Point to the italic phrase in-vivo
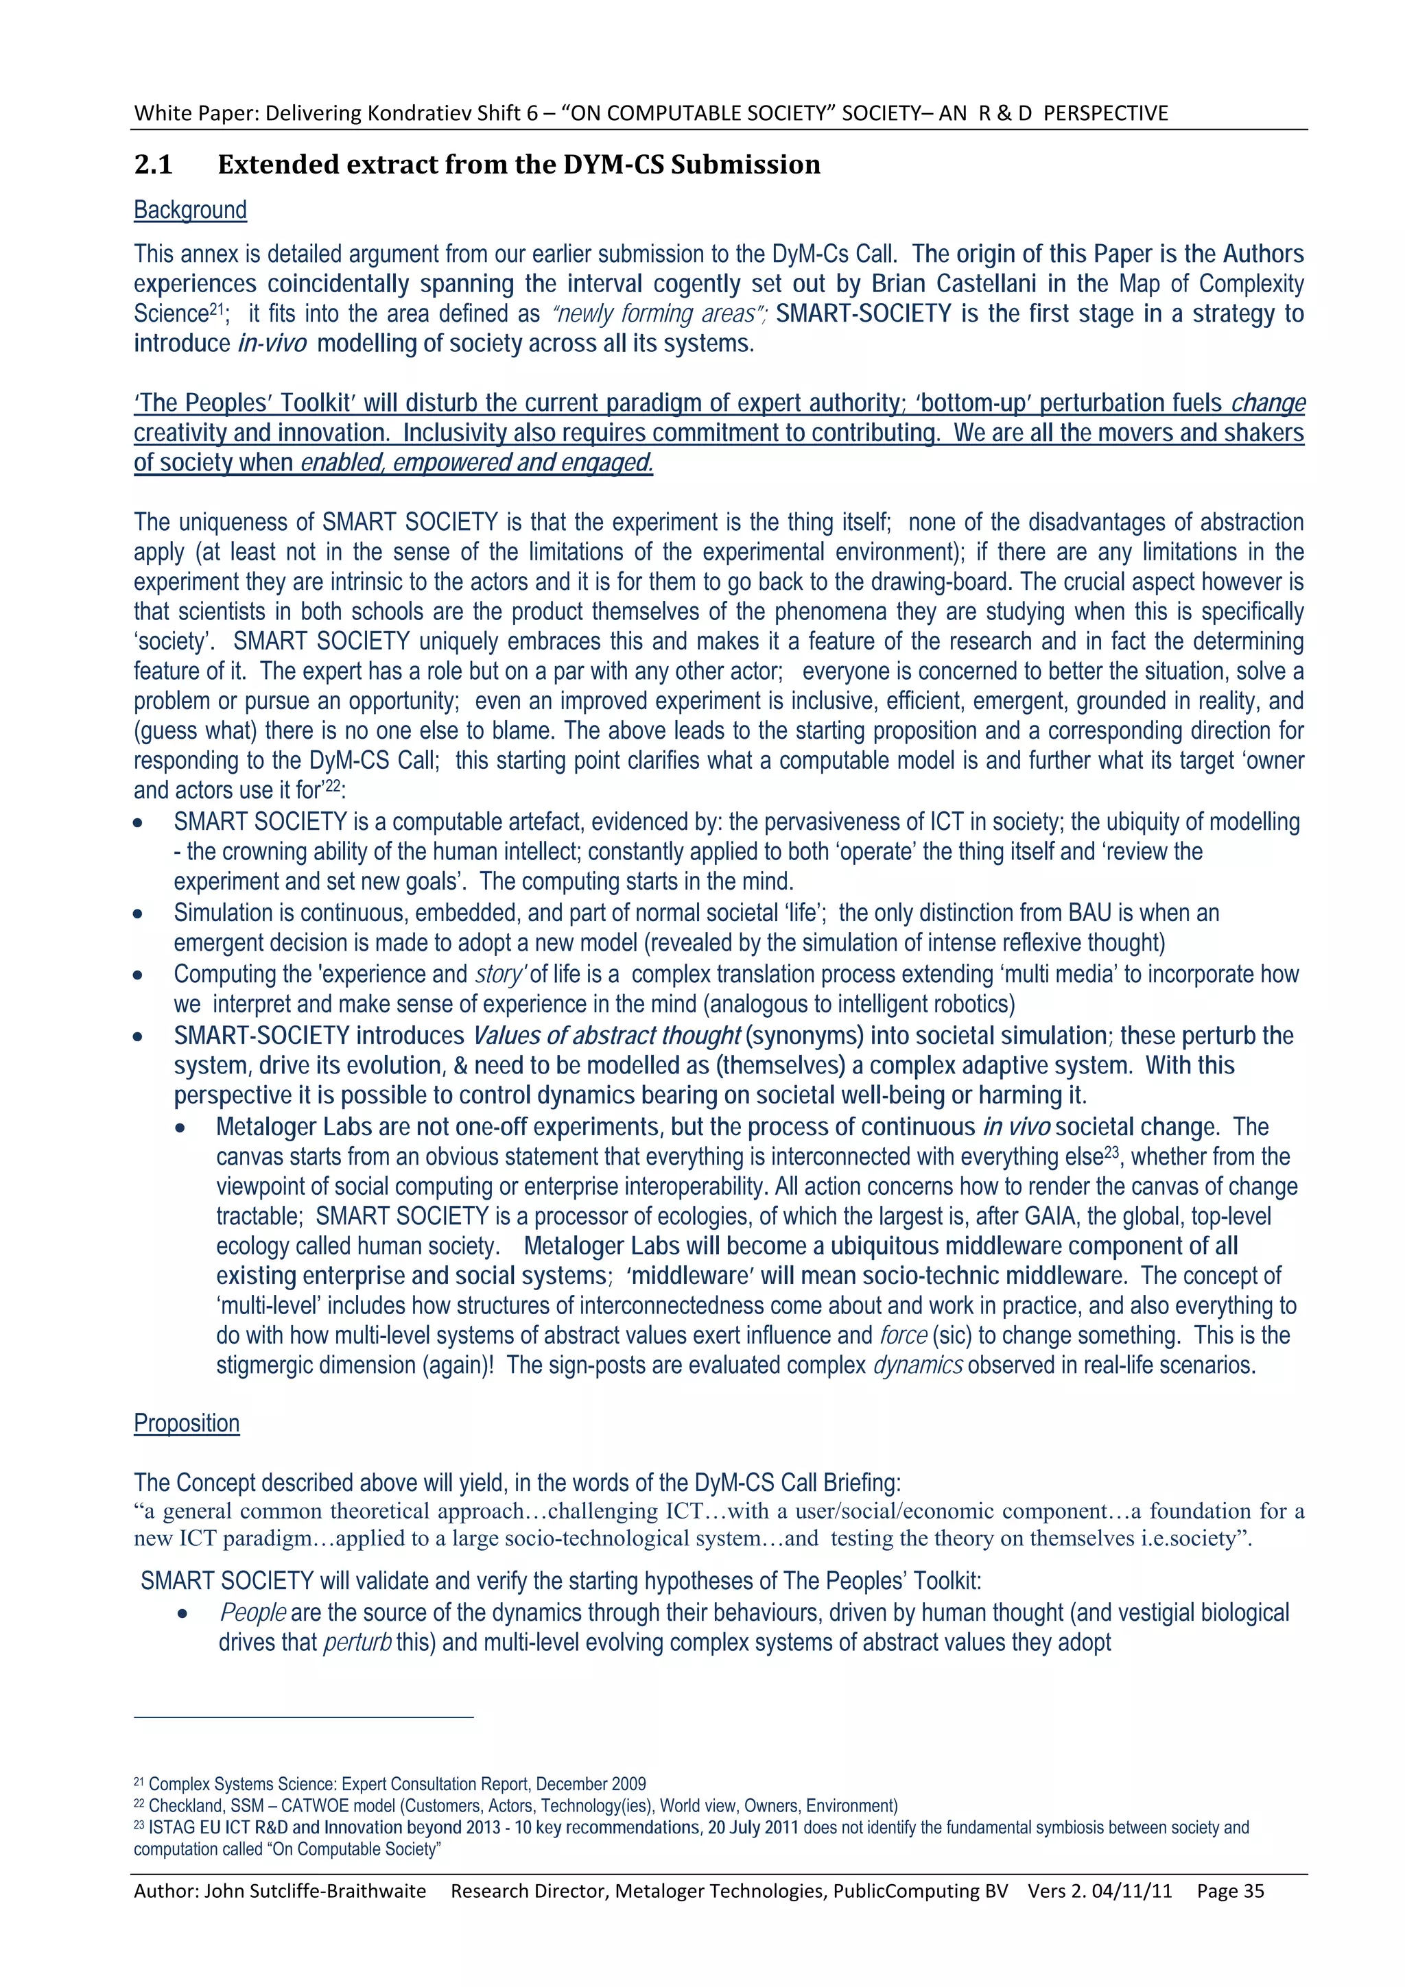(x=272, y=344)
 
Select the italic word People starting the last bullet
(x=252, y=1613)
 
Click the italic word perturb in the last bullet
(x=357, y=1643)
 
